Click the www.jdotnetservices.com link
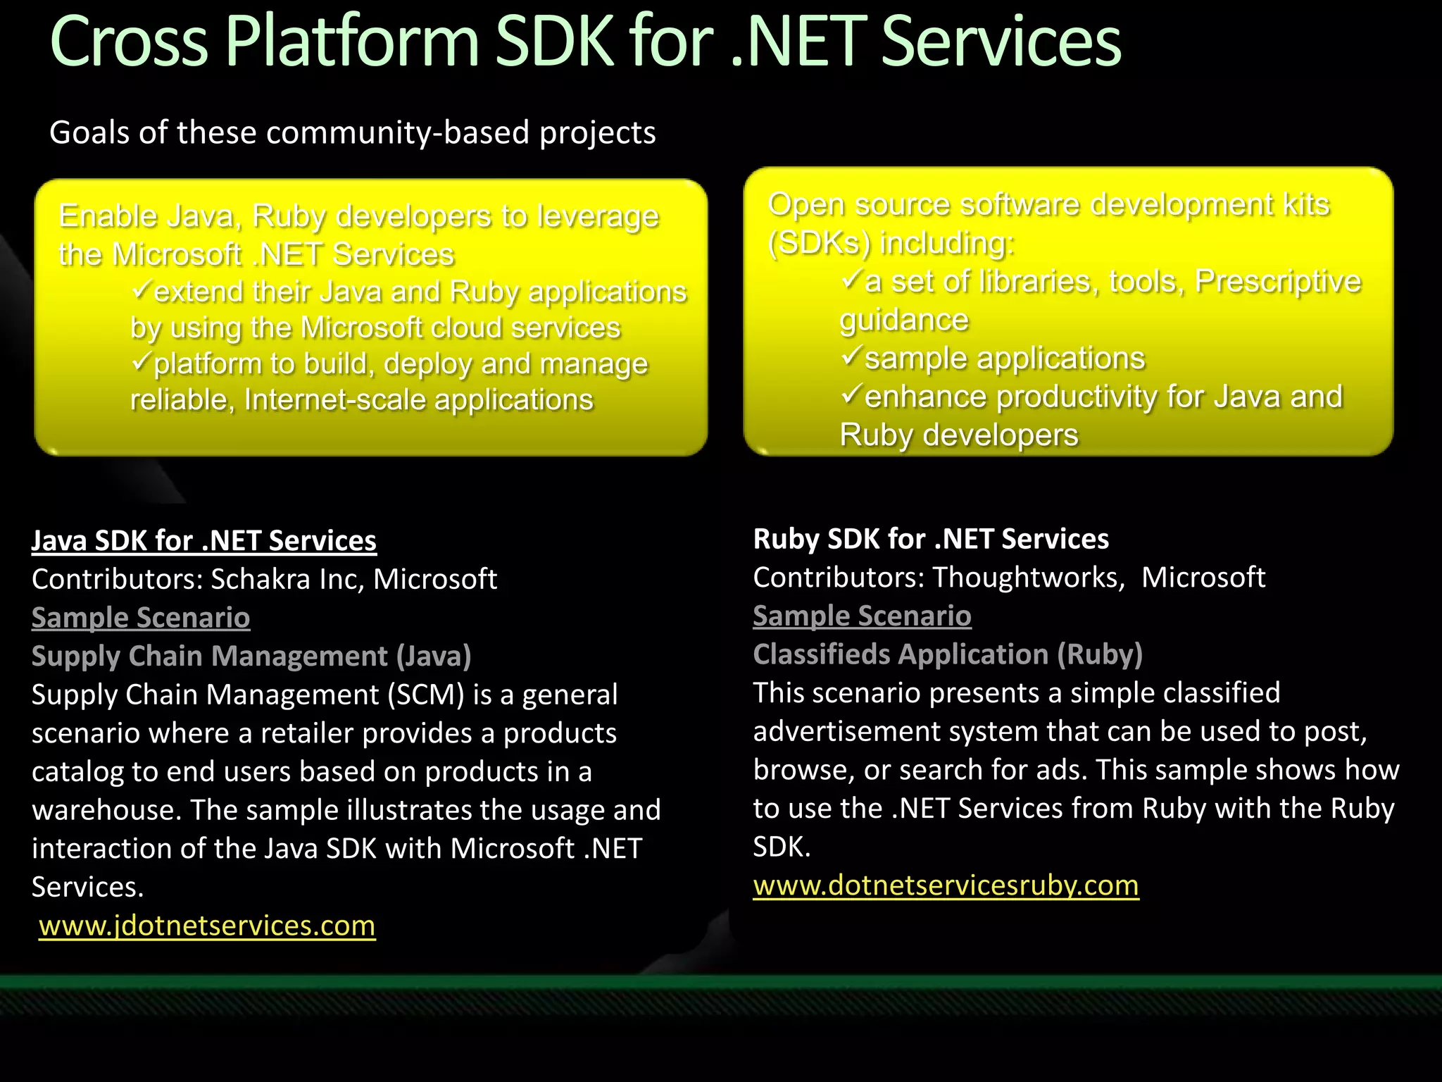207,926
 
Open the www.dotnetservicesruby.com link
946,885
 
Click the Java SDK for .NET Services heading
203,540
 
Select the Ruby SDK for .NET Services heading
930,539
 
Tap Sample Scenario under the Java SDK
141,618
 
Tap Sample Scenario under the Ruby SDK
862,616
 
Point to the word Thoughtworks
1025,578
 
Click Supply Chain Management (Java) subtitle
251,657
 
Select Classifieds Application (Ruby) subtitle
947,654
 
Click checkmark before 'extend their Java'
141,289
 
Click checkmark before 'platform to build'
141,361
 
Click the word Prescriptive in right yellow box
1278,281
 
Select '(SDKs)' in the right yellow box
819,243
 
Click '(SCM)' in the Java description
426,695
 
